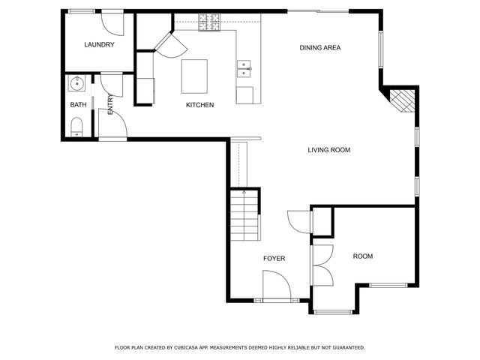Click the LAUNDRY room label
pyautogui.click(x=99, y=45)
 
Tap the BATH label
pyautogui.click(x=78, y=105)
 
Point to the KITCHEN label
pyautogui.click(x=200, y=105)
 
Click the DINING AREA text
pyautogui.click(x=320, y=48)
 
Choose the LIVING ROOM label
pyautogui.click(x=329, y=150)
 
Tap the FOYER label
pyautogui.click(x=274, y=259)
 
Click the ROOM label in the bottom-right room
pyautogui.click(x=363, y=256)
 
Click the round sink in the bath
pyautogui.click(x=76, y=82)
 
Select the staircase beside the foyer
pyautogui.click(x=245, y=214)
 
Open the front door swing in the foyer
pyautogui.click(x=275, y=285)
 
